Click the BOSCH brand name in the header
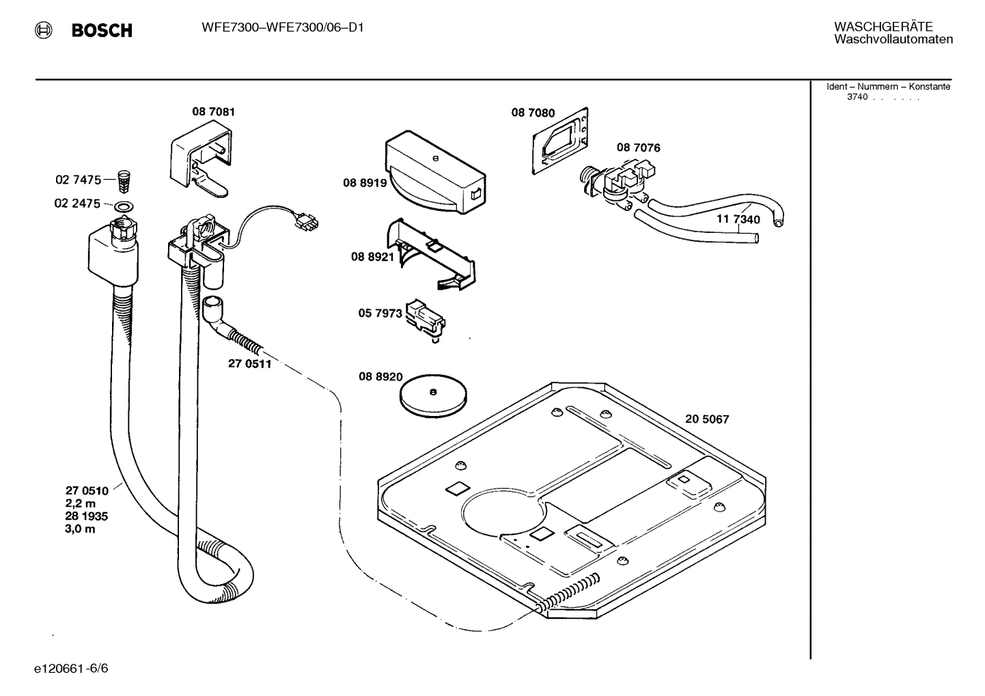click(x=102, y=31)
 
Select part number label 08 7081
click(x=213, y=112)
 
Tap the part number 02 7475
click(x=78, y=180)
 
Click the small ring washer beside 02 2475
click(x=124, y=206)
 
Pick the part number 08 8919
click(x=365, y=183)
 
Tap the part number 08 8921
click(x=372, y=257)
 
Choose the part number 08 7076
click(x=638, y=148)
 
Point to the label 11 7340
click(x=738, y=220)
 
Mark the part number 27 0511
click(x=249, y=364)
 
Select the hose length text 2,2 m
click(x=81, y=503)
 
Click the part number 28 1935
click(x=86, y=516)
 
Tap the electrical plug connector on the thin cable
click(x=306, y=222)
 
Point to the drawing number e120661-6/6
click(x=70, y=668)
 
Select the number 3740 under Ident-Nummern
click(x=857, y=97)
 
